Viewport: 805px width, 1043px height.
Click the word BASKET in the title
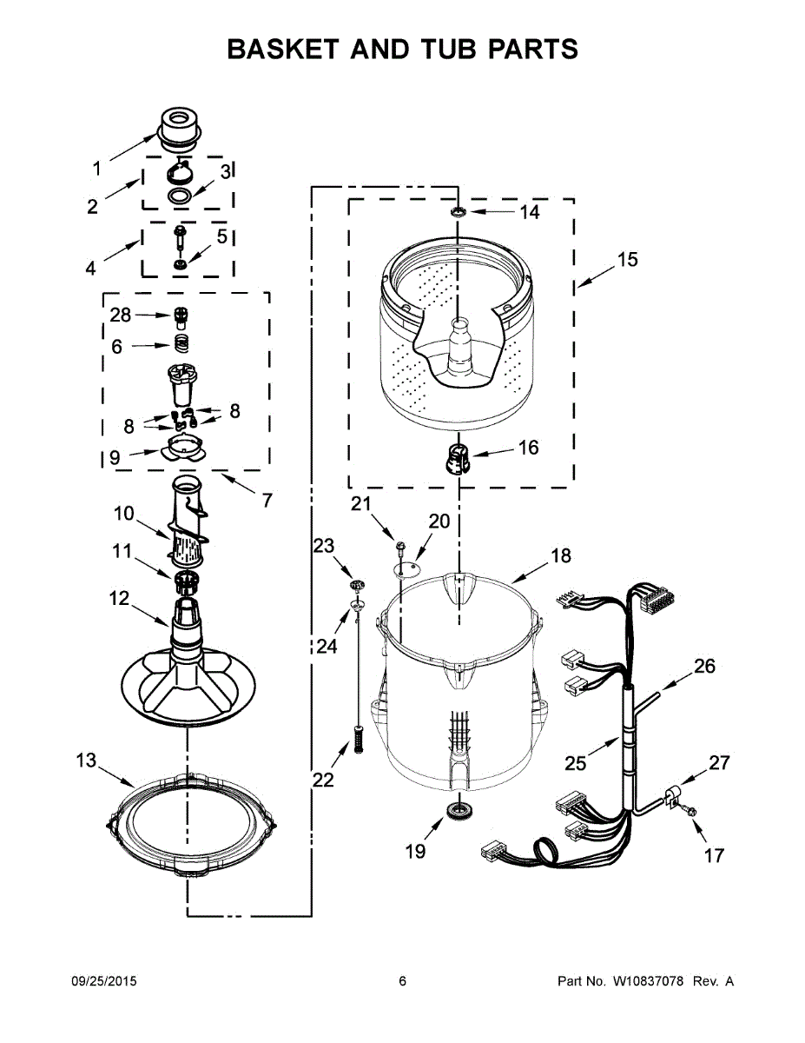[x=278, y=50]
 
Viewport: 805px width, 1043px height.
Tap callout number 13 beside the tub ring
[x=86, y=761]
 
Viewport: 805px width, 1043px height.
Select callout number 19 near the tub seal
[x=416, y=851]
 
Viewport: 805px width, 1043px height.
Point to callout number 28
[x=121, y=315]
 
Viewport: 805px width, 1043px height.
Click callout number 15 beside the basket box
[x=627, y=259]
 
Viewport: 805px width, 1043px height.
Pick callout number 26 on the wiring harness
[x=703, y=667]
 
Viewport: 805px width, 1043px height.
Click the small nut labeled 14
[x=458, y=211]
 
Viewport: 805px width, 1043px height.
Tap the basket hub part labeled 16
[x=458, y=457]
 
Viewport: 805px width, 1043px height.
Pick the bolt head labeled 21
[x=400, y=545]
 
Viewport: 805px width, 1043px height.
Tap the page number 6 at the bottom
[x=402, y=981]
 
